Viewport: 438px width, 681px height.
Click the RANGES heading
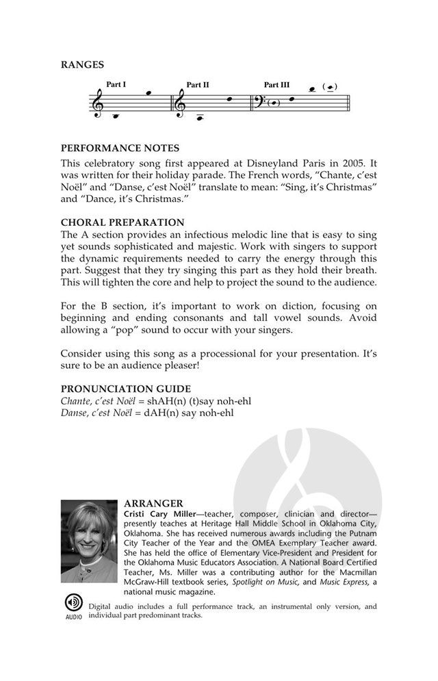tap(83, 65)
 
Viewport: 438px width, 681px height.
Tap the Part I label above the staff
tap(116, 85)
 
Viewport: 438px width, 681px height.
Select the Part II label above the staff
tap(197, 85)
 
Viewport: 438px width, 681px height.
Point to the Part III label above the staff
tap(276, 85)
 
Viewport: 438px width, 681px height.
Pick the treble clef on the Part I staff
tap(99, 103)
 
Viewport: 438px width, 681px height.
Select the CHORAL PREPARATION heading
tap(123, 222)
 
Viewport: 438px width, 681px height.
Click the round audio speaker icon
tap(73, 603)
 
